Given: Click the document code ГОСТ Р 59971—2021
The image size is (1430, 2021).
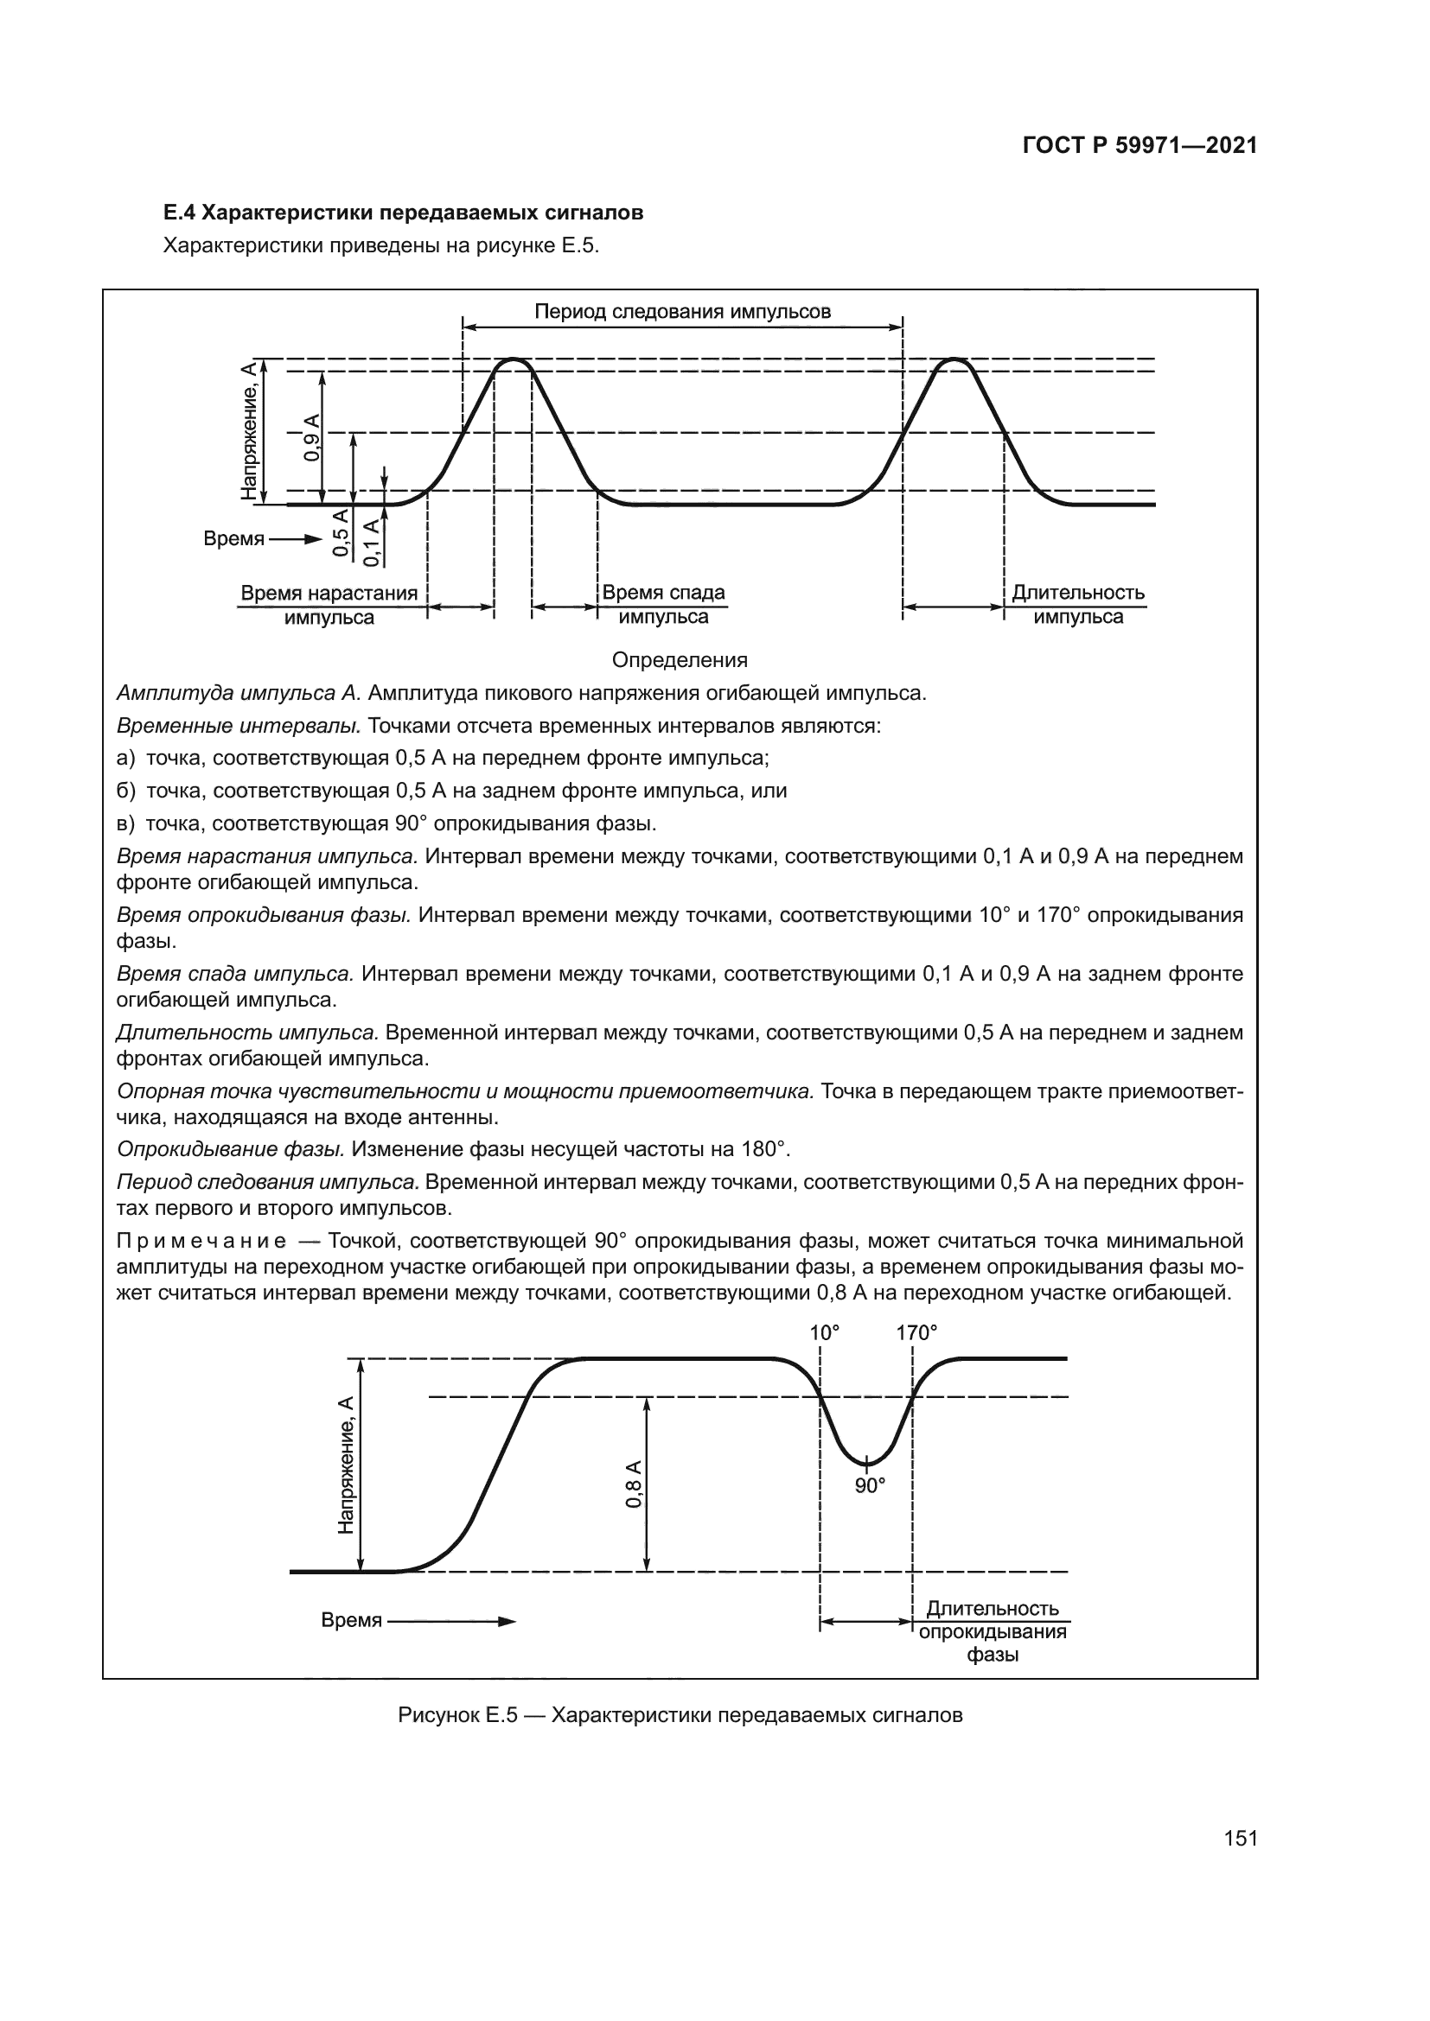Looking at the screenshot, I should click(x=1140, y=146).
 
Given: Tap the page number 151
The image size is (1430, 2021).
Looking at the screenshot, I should click(x=1240, y=1839).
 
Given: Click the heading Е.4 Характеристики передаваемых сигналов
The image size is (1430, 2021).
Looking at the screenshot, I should click(x=403, y=213).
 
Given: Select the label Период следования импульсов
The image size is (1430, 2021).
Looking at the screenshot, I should click(x=682, y=312).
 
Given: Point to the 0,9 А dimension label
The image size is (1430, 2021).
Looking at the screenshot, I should click(x=313, y=436).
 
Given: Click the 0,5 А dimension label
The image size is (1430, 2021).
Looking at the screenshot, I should click(x=341, y=531).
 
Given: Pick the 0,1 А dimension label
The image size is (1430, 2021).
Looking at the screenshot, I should click(x=372, y=542).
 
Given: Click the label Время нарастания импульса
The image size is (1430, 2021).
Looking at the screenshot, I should click(x=329, y=605).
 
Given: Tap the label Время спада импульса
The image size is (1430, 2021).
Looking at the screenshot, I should click(x=663, y=605).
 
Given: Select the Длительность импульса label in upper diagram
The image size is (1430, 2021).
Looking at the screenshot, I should click(x=1078, y=605).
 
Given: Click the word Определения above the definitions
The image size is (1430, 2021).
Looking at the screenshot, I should click(x=679, y=660).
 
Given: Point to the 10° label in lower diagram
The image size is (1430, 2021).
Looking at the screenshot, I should click(x=824, y=1333).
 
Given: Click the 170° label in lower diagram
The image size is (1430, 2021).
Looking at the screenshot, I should click(x=916, y=1333).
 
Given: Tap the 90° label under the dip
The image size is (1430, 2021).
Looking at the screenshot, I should click(x=869, y=1486).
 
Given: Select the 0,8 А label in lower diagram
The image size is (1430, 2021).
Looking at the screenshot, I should click(x=633, y=1484).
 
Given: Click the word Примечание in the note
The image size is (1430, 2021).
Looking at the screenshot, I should click(x=201, y=1241).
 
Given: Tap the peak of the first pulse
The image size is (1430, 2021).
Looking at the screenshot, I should click(x=514, y=360).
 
